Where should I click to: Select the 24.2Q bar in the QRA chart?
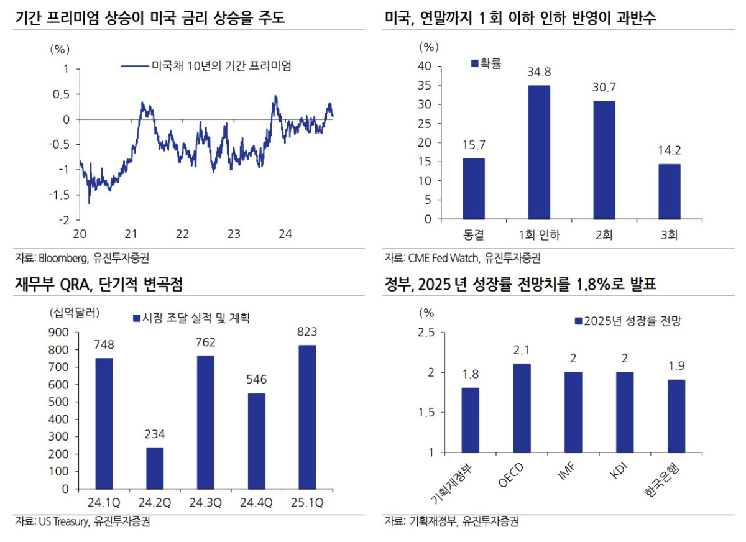click(154, 468)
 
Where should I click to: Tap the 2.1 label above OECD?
click(522, 351)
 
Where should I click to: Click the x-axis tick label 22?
click(182, 234)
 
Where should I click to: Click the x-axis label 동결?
click(474, 234)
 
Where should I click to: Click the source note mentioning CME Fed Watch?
click(463, 257)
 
